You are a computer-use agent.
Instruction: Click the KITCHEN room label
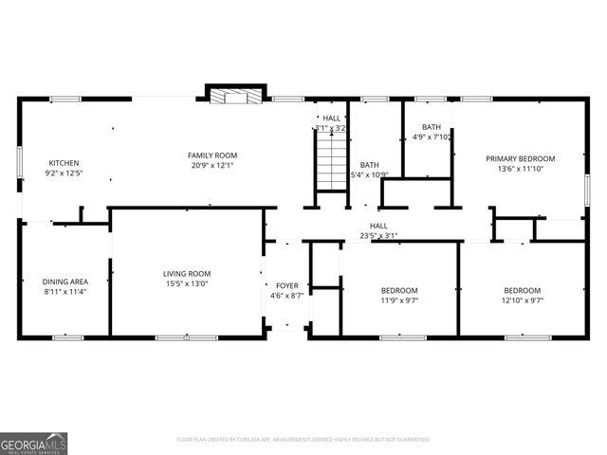click(64, 163)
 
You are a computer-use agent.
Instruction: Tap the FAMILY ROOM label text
click(212, 155)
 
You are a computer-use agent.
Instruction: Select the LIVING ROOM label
click(187, 273)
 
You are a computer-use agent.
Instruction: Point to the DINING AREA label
click(64, 282)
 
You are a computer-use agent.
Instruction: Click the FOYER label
click(286, 285)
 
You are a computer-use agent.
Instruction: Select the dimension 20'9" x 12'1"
click(212, 165)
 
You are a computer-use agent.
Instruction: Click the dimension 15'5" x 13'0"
click(187, 283)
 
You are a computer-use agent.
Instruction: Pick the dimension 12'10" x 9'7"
click(523, 300)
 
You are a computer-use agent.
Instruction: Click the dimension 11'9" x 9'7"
click(399, 300)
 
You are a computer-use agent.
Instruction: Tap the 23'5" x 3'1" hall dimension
click(378, 236)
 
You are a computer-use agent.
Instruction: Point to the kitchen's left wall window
click(20, 161)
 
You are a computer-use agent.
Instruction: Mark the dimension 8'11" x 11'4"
click(64, 292)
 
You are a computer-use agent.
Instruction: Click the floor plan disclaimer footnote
click(303, 440)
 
